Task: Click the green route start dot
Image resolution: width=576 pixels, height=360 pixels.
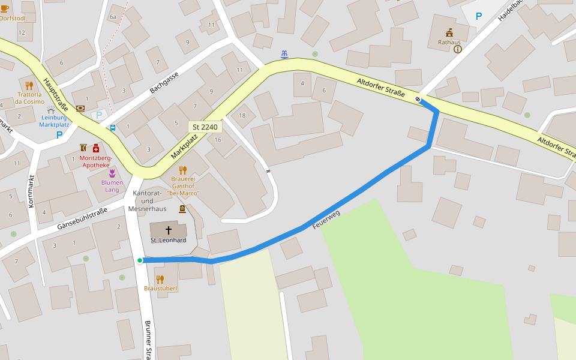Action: point(140,260)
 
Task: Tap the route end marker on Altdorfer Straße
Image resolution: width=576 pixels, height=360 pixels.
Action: point(418,99)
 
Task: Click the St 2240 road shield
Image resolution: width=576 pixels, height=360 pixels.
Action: point(205,127)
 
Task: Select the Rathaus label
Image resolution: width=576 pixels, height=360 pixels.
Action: point(449,42)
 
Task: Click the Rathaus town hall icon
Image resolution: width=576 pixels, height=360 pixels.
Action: point(449,32)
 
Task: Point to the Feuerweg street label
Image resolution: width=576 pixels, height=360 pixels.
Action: point(326,220)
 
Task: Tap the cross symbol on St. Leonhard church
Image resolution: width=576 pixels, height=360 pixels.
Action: point(169,230)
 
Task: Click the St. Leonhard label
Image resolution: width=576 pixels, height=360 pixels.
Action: point(168,240)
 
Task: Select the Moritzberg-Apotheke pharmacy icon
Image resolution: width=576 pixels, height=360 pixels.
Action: point(95,148)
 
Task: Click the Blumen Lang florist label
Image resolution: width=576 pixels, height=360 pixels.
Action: point(112,186)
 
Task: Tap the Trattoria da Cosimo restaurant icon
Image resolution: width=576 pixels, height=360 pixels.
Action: point(29,85)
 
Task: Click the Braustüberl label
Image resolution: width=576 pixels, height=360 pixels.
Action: point(160,289)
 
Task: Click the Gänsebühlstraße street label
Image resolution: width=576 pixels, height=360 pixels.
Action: point(82,219)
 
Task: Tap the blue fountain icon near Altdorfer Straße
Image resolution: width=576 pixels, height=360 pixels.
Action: point(284,54)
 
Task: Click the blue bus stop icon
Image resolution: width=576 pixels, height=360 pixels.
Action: point(112,128)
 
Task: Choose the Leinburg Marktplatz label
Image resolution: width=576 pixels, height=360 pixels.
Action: point(54,121)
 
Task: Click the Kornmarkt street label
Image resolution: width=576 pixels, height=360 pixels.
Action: point(31,191)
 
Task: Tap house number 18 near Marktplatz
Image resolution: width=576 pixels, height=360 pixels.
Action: point(242,115)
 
